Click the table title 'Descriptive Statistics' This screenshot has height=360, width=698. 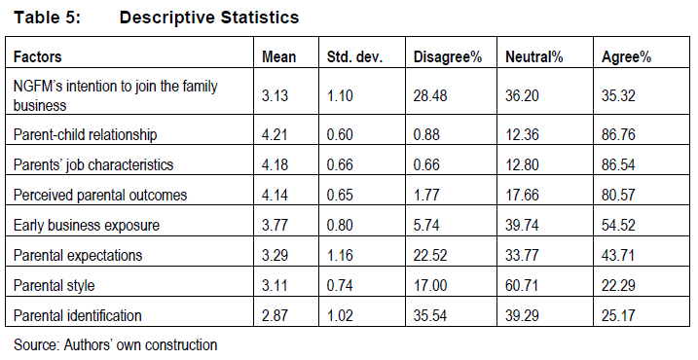[x=209, y=18]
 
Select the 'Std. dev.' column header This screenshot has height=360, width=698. [x=354, y=57]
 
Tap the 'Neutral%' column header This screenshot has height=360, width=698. [x=534, y=57]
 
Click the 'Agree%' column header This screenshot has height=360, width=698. [x=626, y=57]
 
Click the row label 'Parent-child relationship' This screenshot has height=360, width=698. [x=85, y=134]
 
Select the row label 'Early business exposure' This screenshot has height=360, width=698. [x=87, y=225]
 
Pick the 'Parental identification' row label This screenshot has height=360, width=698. [x=78, y=315]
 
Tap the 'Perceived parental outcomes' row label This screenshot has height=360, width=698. [x=100, y=195]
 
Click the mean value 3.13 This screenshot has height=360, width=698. [x=275, y=95]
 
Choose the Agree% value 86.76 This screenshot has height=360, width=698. [x=618, y=134]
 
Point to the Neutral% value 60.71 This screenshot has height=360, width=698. [x=522, y=285]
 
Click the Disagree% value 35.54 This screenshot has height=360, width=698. [x=430, y=315]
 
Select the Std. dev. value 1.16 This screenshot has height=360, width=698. [x=340, y=256]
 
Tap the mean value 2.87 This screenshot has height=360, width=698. [x=275, y=315]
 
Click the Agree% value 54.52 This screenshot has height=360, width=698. [x=618, y=225]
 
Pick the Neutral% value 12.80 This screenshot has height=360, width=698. [x=522, y=164]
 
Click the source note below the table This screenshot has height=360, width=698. [x=115, y=344]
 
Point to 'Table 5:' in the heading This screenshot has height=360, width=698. [x=47, y=18]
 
